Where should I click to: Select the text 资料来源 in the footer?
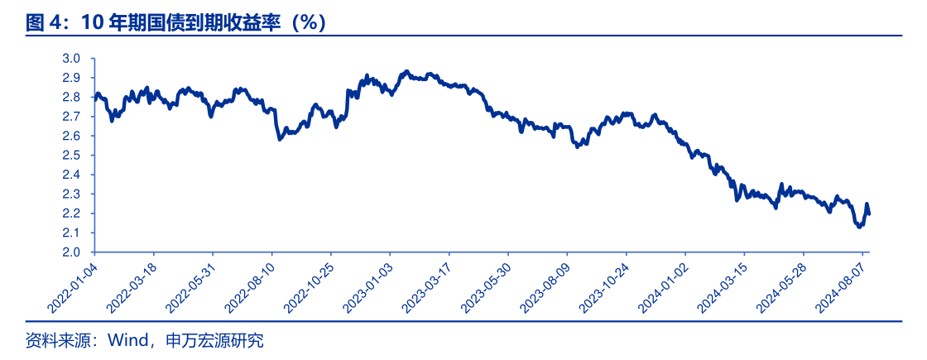coord(51,340)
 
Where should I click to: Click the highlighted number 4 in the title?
coord(55,22)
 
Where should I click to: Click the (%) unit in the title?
coord(310,22)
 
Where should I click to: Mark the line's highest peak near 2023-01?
coord(406,72)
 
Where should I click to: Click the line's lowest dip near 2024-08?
coord(859,227)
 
